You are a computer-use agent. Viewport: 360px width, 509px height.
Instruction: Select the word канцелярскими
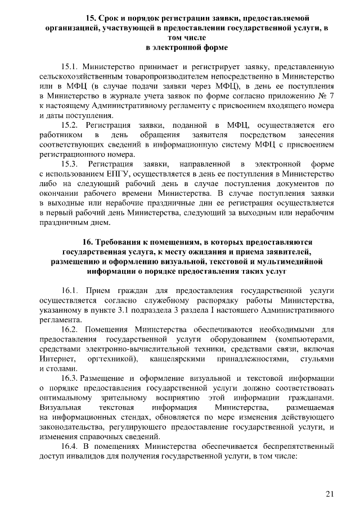(x=175, y=359)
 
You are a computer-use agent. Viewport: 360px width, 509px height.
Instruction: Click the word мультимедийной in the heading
(x=289, y=262)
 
